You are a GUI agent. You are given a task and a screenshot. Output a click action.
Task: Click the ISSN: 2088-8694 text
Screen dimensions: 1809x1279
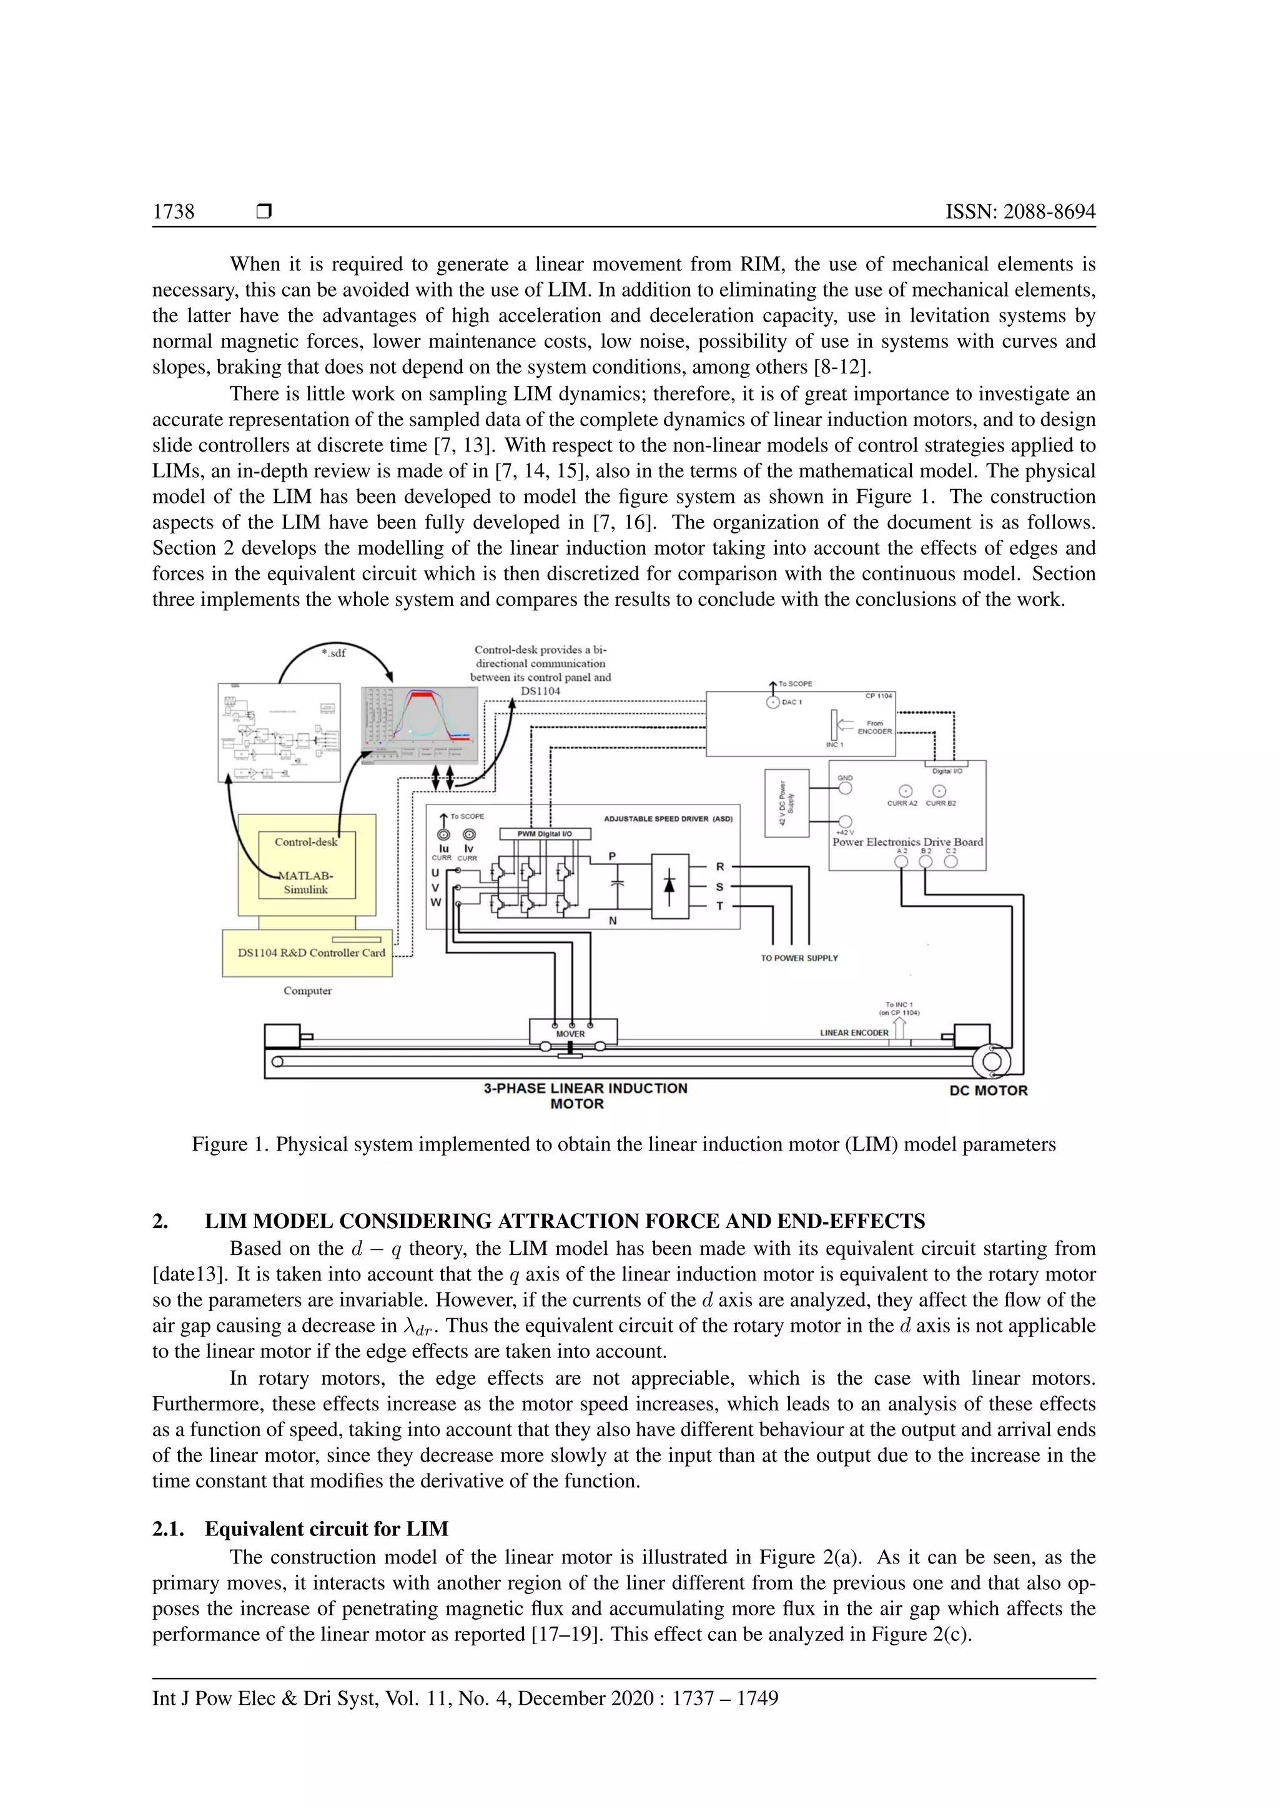tap(1020, 212)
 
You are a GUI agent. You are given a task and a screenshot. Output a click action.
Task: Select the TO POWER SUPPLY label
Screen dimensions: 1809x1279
tap(799, 958)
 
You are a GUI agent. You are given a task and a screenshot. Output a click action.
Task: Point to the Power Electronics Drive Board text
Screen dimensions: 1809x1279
tap(907, 841)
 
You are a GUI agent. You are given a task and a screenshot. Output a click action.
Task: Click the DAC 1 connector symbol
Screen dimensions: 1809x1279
tap(773, 702)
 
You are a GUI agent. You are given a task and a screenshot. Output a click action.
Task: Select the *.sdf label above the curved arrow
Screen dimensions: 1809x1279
tap(334, 652)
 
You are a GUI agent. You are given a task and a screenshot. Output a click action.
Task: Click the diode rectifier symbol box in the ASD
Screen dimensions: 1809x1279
tap(669, 886)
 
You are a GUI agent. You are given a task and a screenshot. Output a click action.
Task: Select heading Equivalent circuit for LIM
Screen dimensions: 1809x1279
tap(326, 1529)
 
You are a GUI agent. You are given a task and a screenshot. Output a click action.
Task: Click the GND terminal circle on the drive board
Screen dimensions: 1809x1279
tap(845, 788)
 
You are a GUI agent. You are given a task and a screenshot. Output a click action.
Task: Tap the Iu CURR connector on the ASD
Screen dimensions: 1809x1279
tap(443, 835)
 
